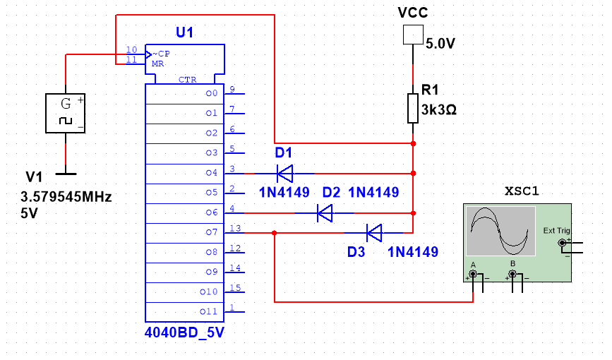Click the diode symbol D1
click(x=284, y=172)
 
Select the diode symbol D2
click(x=325, y=212)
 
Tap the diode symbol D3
click(x=373, y=232)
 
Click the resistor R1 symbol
click(x=413, y=107)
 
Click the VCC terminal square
click(x=412, y=35)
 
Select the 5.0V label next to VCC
click(x=440, y=44)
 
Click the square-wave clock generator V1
click(x=65, y=114)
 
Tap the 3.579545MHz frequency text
click(x=66, y=196)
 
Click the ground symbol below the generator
click(x=65, y=170)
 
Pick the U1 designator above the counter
click(x=184, y=32)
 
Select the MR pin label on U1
click(x=157, y=64)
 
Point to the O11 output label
click(x=211, y=311)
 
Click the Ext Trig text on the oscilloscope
click(x=556, y=231)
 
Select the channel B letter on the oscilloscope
click(x=513, y=264)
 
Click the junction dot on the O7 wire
click(x=275, y=232)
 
